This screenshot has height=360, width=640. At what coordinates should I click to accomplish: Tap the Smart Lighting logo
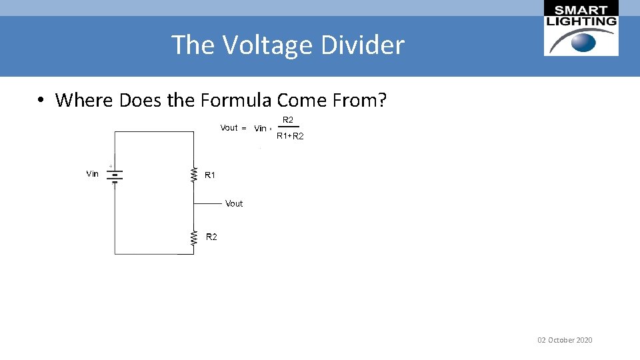point(581,28)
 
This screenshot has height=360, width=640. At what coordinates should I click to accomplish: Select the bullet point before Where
point(41,101)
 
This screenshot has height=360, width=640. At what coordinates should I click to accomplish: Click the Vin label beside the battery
point(93,174)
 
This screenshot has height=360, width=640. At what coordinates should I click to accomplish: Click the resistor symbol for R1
point(194,175)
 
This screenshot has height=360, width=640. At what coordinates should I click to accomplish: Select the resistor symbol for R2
point(194,237)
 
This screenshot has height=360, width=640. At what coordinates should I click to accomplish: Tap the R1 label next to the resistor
point(210,175)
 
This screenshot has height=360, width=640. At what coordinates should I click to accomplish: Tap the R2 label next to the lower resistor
point(211,237)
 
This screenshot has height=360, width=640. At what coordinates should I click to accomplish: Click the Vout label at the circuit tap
point(234,204)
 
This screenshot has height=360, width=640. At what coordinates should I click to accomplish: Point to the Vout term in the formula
point(229,128)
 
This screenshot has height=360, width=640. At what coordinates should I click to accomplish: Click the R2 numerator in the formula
point(288,120)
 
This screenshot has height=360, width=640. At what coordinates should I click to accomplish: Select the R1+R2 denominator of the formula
point(290,136)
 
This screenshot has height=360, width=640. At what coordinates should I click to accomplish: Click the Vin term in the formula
point(261,129)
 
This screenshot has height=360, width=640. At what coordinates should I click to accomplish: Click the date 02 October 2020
point(565,340)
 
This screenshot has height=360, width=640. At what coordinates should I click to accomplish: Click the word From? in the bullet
point(361,101)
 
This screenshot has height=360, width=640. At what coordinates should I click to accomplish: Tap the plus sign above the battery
point(111,166)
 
